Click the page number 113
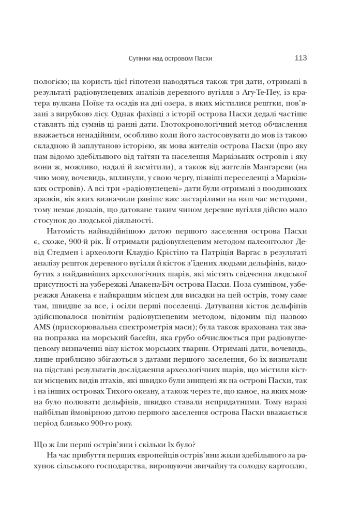(x=300, y=58)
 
